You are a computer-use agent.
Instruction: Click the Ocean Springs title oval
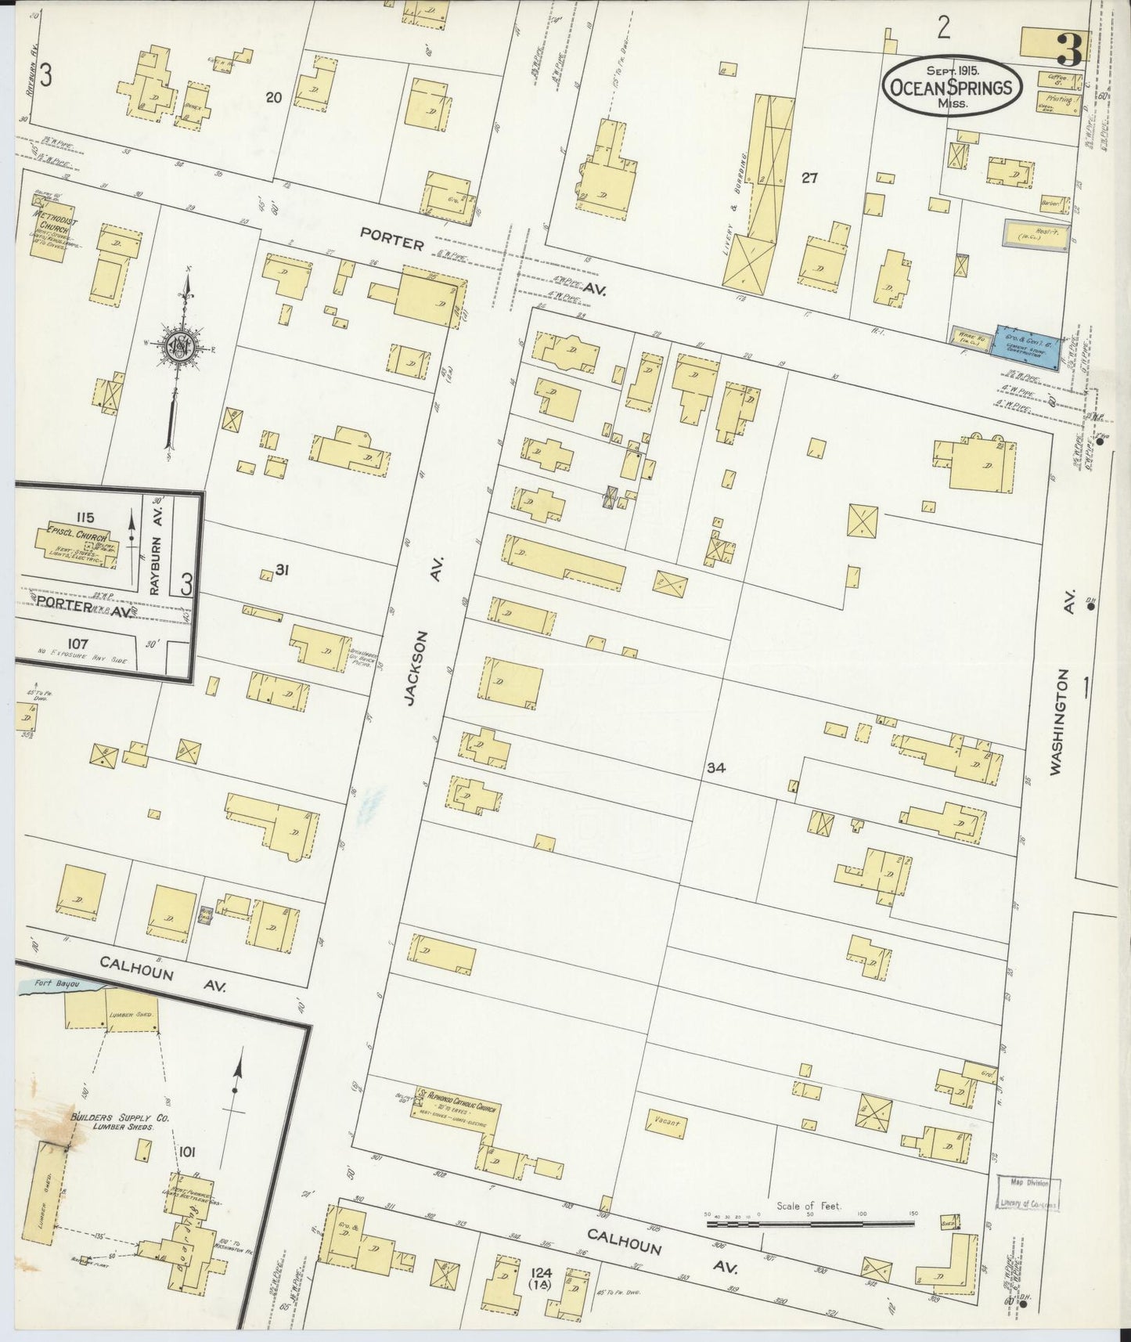[x=952, y=87]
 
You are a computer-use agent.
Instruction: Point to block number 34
[x=715, y=768]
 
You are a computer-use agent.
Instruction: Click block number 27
[x=809, y=179]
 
